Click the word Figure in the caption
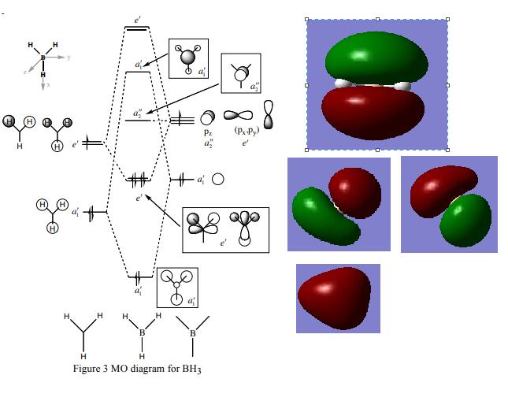coord(88,369)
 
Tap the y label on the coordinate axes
coord(69,58)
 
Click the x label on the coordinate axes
coord(48,84)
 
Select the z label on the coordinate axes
coord(24,71)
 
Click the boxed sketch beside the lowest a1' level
coord(177,287)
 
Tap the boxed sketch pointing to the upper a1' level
coord(189,58)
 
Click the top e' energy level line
coord(138,29)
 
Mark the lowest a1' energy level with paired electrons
coord(139,277)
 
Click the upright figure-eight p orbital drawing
coord(270,115)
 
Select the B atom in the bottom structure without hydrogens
coord(193,333)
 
